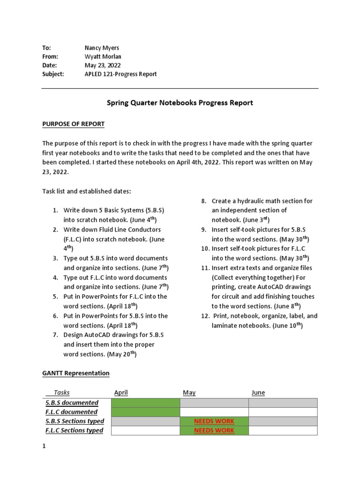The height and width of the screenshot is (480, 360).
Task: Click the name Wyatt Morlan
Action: [x=102, y=57]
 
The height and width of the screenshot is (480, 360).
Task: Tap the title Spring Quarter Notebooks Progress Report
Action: [x=180, y=103]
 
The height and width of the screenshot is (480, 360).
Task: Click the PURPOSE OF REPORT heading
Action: [x=74, y=124]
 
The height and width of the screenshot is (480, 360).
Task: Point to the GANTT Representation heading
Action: [x=76, y=373]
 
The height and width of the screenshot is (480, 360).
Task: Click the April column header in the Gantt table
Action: [x=121, y=393]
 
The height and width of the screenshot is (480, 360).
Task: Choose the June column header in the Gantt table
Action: [x=258, y=393]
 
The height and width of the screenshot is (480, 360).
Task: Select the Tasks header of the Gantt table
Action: [x=61, y=393]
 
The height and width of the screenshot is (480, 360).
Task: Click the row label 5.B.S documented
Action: [x=72, y=403]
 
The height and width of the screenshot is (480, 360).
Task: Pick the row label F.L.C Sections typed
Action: [x=74, y=430]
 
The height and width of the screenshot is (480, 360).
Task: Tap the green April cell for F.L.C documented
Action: [x=145, y=412]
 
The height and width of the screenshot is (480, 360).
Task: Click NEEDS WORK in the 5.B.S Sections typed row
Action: [x=214, y=421]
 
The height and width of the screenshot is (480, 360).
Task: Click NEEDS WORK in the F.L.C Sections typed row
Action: [x=214, y=430]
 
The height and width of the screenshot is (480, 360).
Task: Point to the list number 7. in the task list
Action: [x=55, y=335]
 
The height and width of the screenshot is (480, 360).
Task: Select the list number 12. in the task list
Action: [x=205, y=316]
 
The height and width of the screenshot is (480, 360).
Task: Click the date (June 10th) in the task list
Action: [x=287, y=325]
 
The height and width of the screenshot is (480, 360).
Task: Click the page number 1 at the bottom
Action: [x=44, y=447]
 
